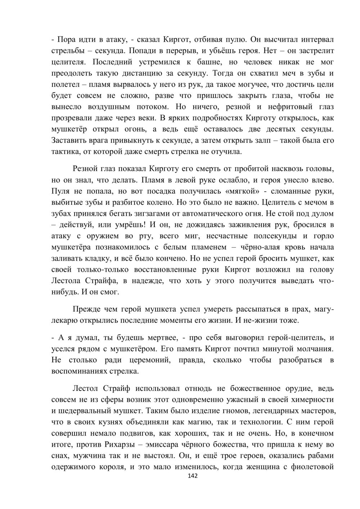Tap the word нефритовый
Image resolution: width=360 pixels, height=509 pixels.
[x=285, y=107]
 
